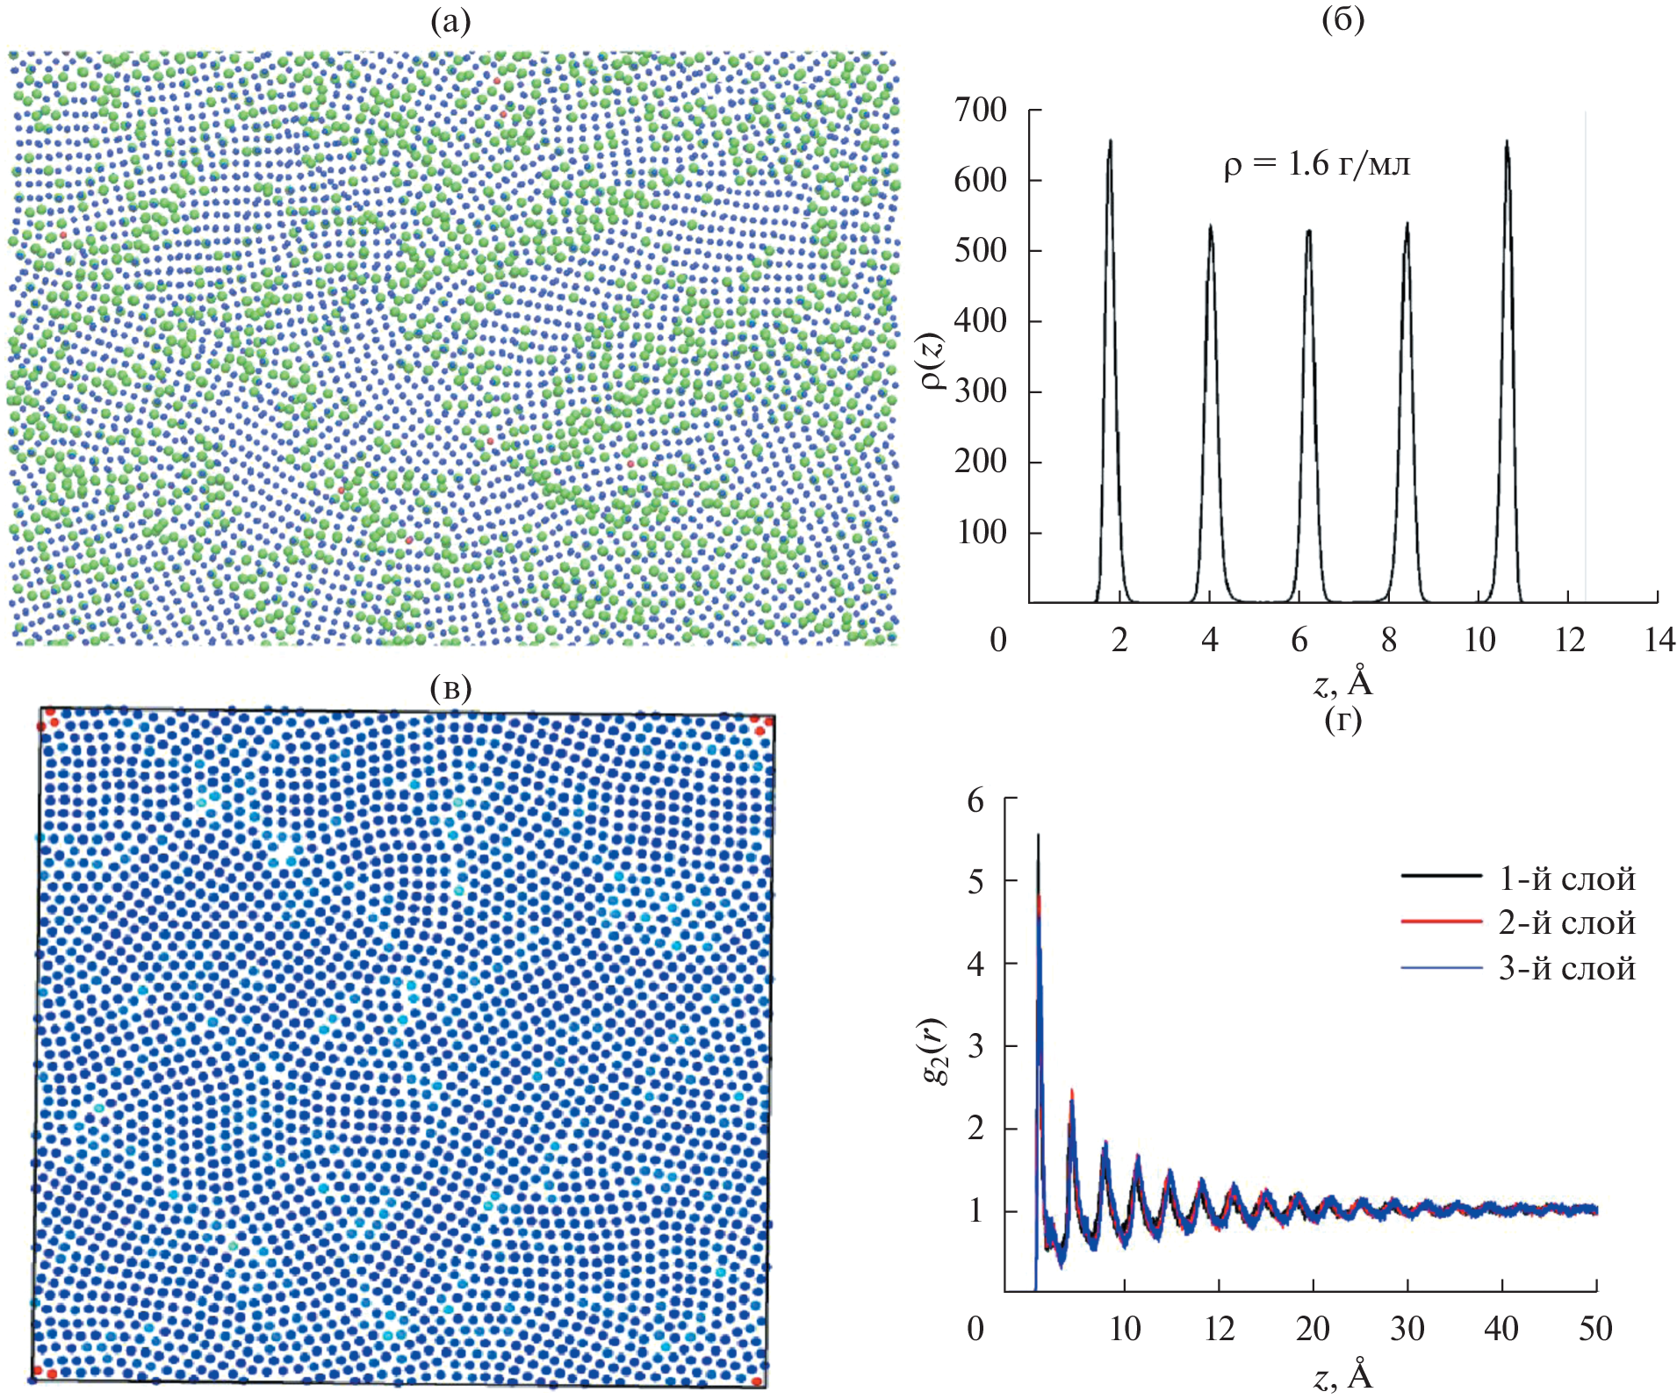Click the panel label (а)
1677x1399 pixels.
[x=450, y=22]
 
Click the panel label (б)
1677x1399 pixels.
[x=1342, y=20]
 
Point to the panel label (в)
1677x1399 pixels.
[x=450, y=688]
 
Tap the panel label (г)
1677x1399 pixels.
[x=1342, y=721]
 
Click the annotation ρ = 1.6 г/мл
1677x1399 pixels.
[x=1317, y=165]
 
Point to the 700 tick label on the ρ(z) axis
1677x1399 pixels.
[x=981, y=111]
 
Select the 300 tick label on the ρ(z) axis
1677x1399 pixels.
[x=981, y=391]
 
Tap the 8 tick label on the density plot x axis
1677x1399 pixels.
[x=1389, y=641]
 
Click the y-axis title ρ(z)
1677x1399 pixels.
[x=934, y=361]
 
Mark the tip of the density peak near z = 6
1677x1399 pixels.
[x=1308, y=231]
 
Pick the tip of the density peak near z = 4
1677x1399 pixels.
[x=1211, y=226]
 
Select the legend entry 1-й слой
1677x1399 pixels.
[x=1566, y=879]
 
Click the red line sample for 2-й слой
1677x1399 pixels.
[x=1441, y=922]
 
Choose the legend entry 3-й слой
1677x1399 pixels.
[x=1566, y=968]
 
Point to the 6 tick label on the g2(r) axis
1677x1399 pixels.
[x=975, y=800]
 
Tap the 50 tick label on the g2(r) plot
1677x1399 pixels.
[x=1595, y=1329]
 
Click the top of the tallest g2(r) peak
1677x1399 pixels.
[x=1039, y=835]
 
